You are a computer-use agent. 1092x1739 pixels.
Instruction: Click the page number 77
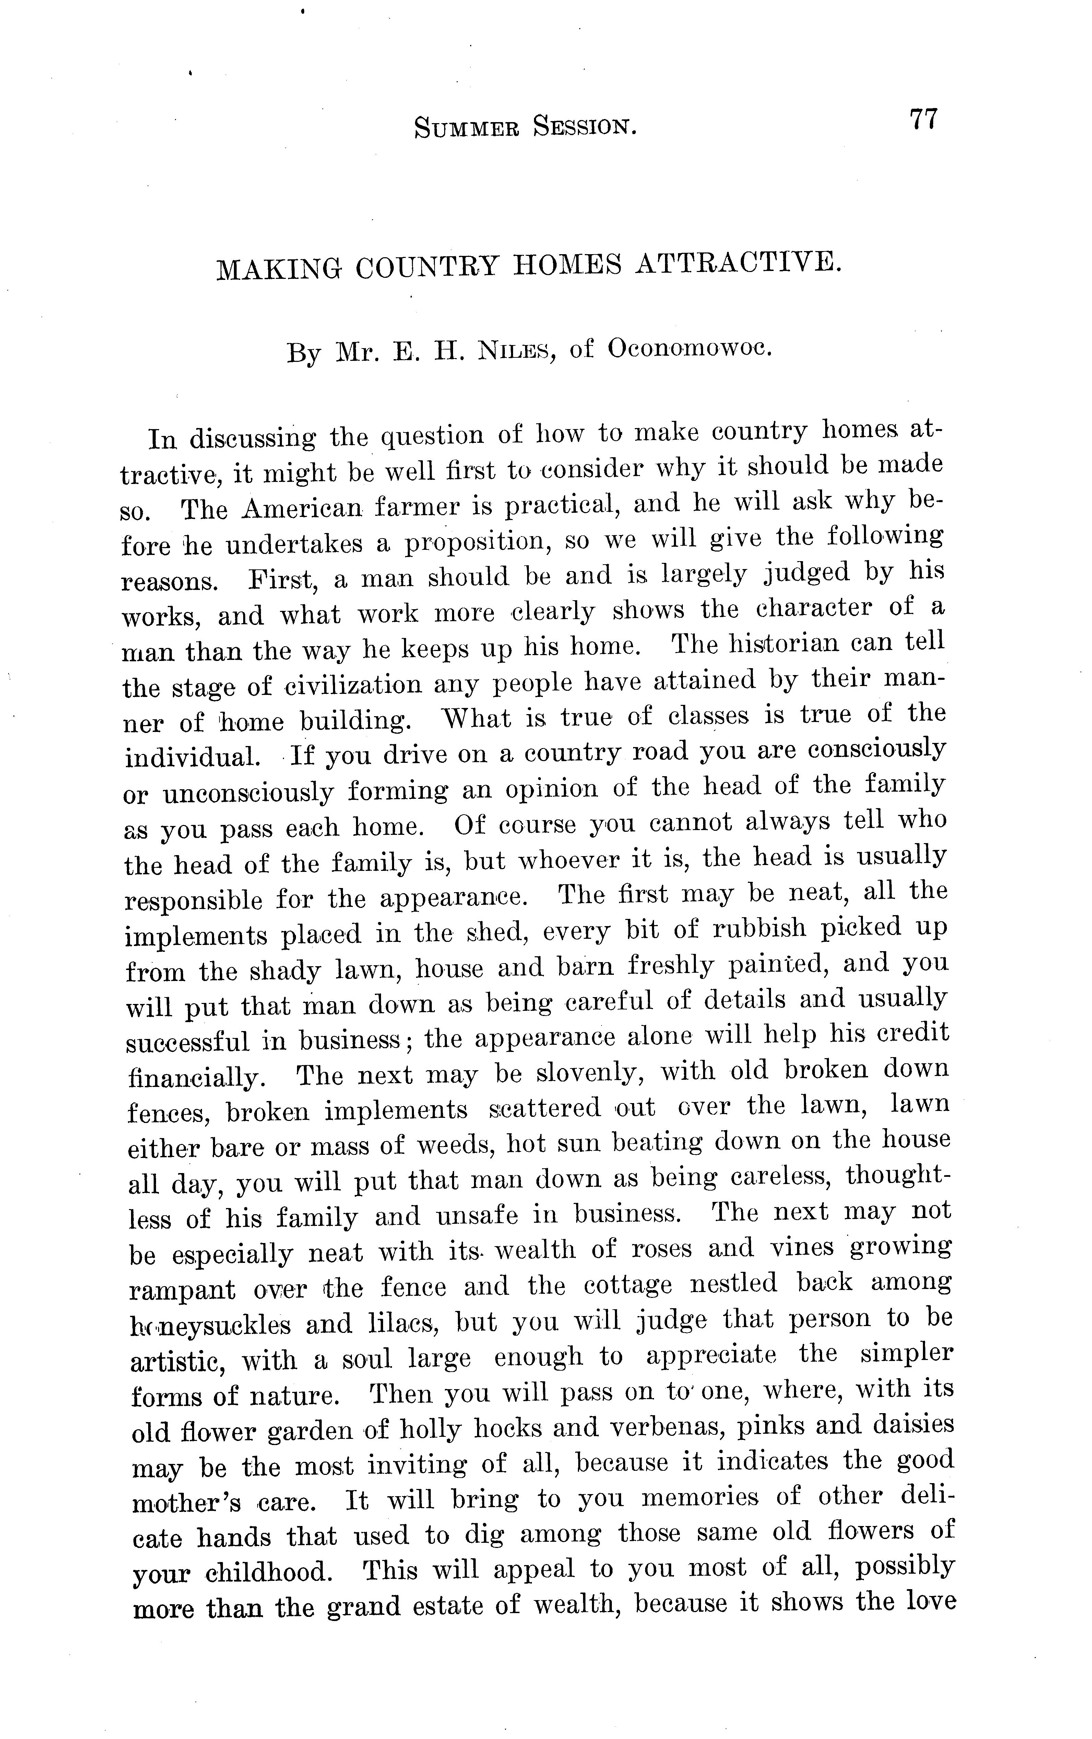pyautogui.click(x=923, y=118)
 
